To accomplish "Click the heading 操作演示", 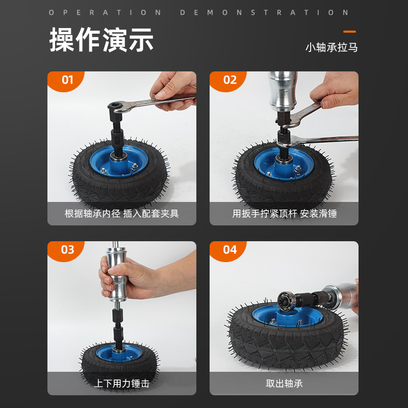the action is [101, 40].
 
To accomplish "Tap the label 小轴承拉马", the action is [331, 47].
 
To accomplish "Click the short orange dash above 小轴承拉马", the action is [349, 32].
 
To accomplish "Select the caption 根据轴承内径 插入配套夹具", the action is [122, 214].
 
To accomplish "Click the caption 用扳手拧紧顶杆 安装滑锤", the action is [285, 214].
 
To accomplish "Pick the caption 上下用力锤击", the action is [122, 384].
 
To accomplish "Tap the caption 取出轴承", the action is [284, 384].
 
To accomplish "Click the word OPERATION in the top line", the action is [105, 12].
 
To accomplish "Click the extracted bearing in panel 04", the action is [287, 301].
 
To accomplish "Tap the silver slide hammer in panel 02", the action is [283, 91].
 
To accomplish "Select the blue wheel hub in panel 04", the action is [287, 316].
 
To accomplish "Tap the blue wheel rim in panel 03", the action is [119, 353].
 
